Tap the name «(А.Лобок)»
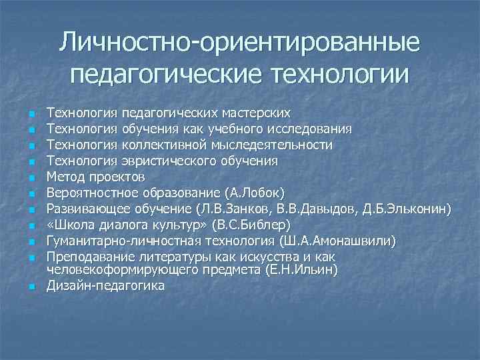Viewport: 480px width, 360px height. [255, 193]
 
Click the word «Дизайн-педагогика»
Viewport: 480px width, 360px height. [105, 285]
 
